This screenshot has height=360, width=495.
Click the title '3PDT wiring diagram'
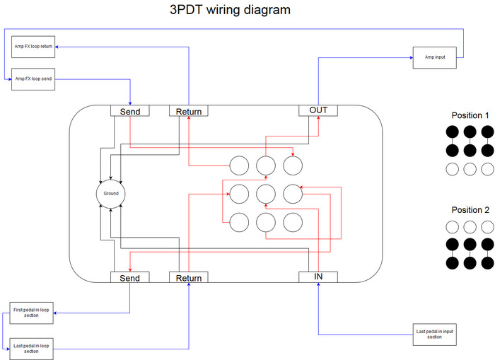click(230, 11)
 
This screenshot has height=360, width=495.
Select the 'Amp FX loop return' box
click(33, 47)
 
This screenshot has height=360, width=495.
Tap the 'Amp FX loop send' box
click(33, 79)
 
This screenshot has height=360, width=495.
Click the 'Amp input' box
click(434, 57)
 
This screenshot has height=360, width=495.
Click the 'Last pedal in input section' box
click(434, 333)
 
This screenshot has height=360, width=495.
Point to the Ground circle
click(111, 193)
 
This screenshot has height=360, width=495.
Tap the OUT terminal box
click(318, 110)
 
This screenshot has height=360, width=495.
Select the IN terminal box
click(318, 277)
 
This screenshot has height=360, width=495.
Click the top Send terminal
click(130, 111)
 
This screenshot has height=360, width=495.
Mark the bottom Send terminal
click(130, 277)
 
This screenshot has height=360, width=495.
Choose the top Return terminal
click(188, 111)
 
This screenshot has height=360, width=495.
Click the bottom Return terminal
click(188, 277)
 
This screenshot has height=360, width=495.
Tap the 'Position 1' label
click(470, 115)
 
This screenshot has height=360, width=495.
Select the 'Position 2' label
click(470, 210)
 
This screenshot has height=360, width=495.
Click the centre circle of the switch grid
click(266, 194)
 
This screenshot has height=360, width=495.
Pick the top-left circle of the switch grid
click(239, 166)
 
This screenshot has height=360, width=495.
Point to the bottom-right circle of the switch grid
click(293, 221)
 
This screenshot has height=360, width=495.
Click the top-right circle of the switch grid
click(293, 166)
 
